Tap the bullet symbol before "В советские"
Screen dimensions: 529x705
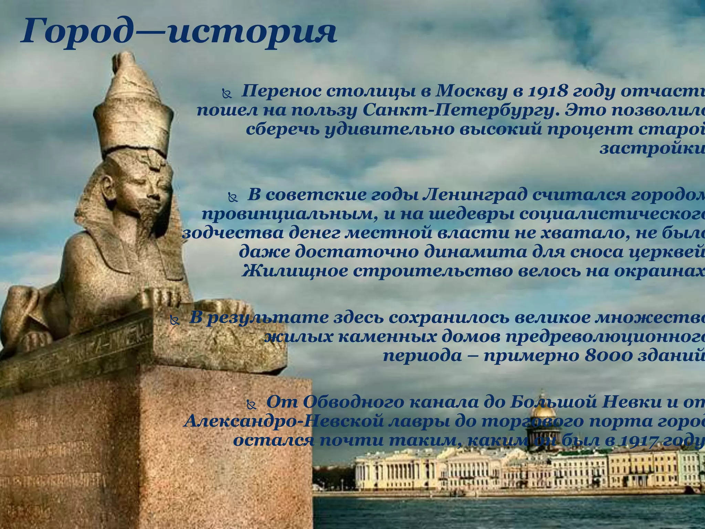click(233, 197)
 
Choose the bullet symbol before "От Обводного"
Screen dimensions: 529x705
click(252, 405)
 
